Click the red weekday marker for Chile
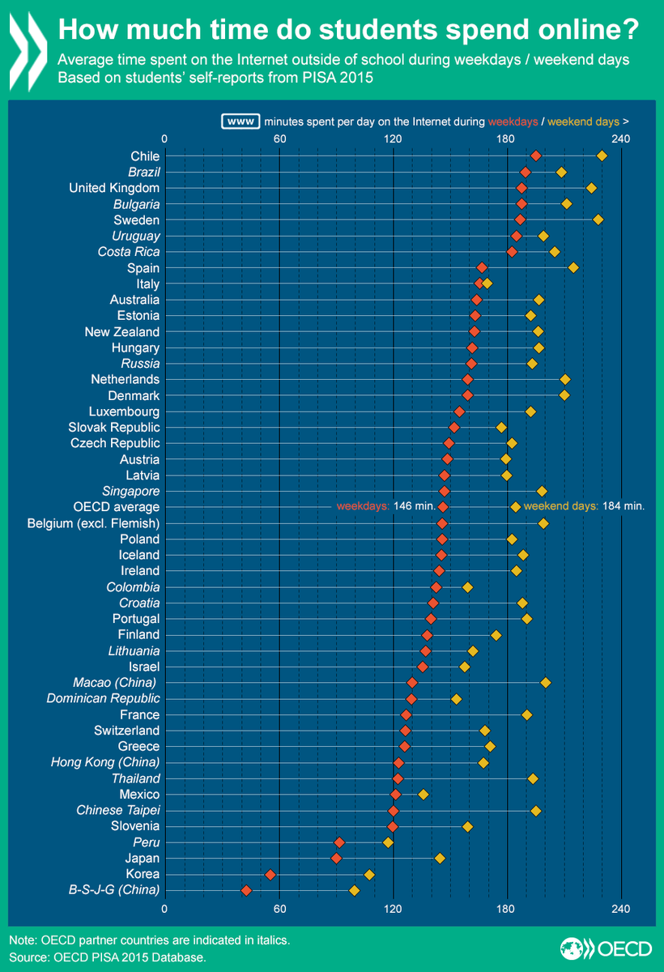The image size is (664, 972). (535, 156)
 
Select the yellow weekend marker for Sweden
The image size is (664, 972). (598, 220)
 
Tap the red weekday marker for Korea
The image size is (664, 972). (270, 874)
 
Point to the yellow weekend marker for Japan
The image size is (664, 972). (440, 858)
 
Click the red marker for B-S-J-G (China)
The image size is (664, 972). (246, 891)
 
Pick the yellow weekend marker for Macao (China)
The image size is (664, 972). (546, 683)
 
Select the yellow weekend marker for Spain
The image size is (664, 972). (573, 267)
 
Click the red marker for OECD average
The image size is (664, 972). (443, 506)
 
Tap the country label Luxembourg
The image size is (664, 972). (124, 411)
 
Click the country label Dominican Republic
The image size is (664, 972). (103, 698)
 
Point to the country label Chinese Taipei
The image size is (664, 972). (118, 810)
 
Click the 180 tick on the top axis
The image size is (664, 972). (507, 139)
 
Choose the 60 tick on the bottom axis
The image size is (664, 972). (279, 908)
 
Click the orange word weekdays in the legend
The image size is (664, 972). (513, 122)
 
